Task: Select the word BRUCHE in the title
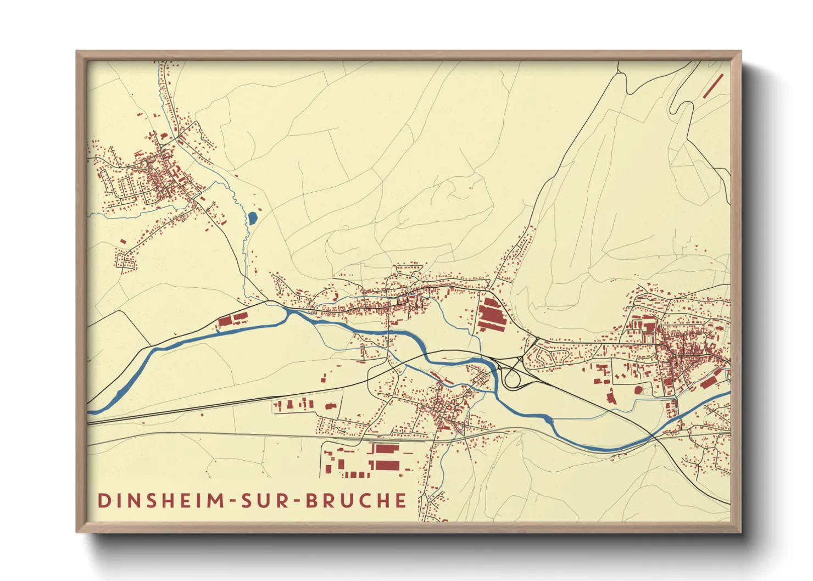355,500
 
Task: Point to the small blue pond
252,218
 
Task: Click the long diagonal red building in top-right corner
713,86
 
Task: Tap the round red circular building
638,390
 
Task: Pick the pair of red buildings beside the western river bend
232,320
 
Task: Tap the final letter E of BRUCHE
401,500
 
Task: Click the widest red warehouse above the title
387,449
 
